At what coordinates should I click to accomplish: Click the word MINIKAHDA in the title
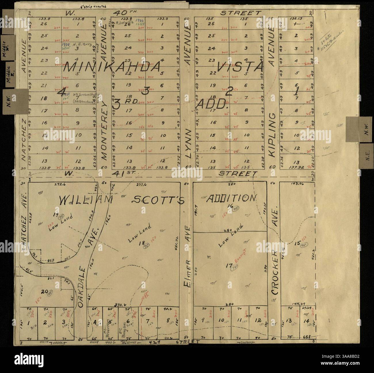[x=112, y=67]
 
